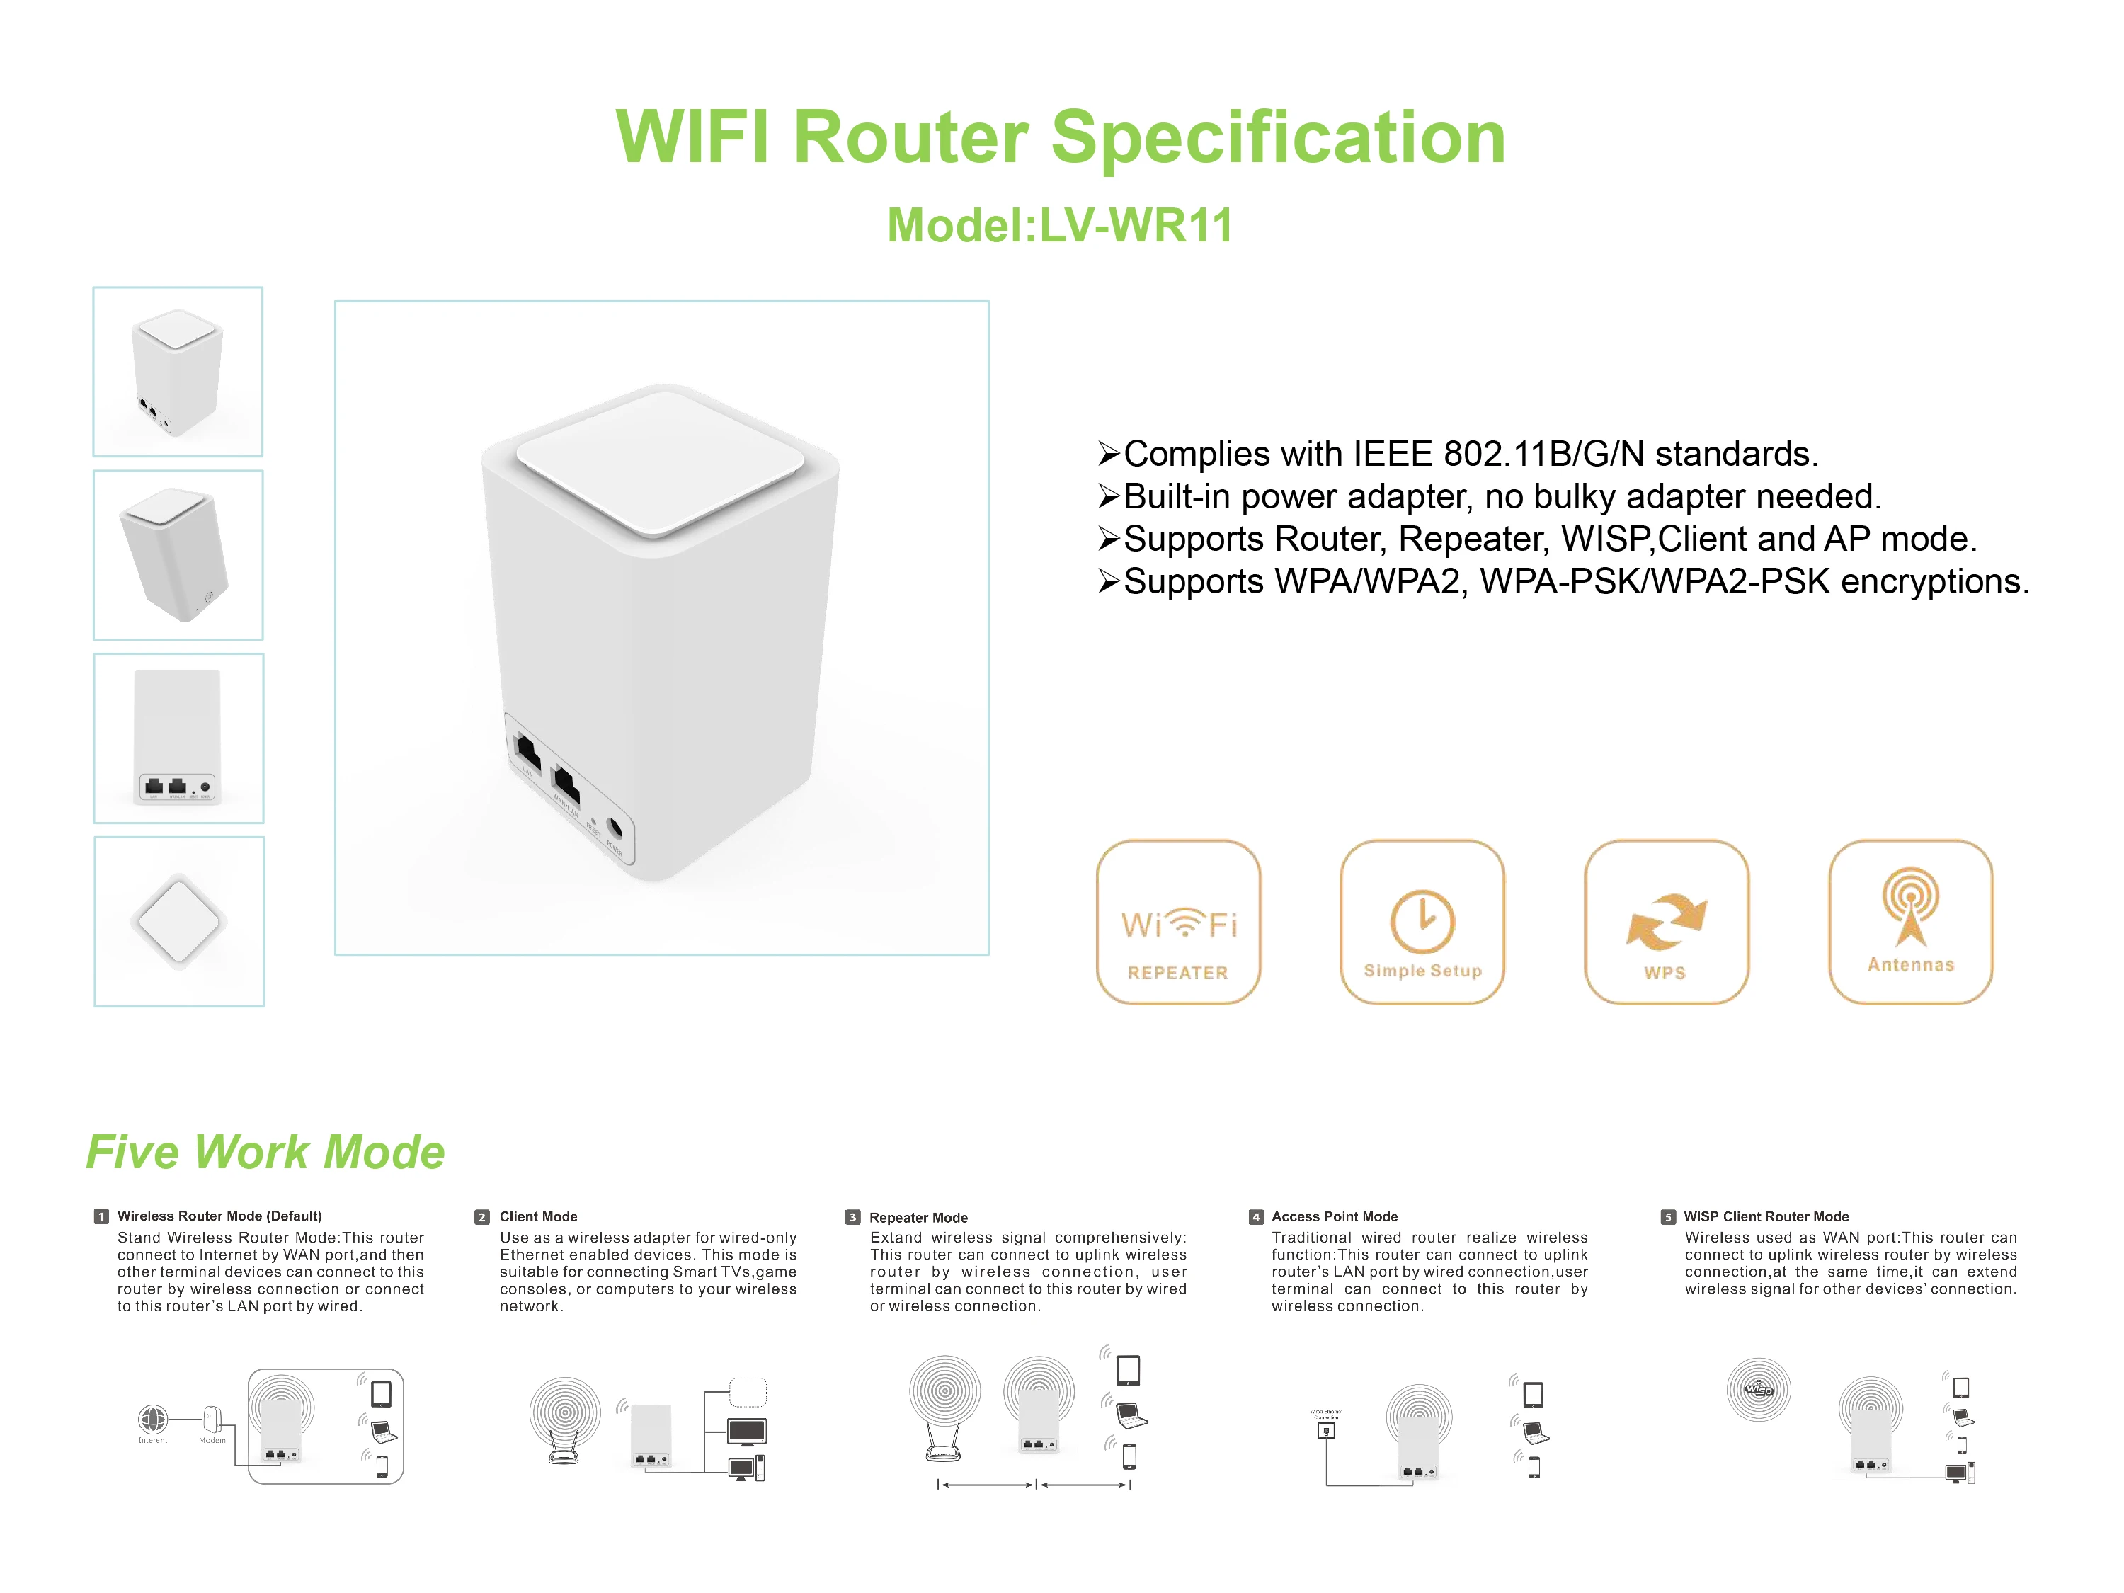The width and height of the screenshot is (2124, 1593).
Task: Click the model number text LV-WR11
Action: tap(1135, 227)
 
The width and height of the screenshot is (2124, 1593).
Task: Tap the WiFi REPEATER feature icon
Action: tap(1178, 922)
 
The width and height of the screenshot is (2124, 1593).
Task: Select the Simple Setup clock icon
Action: tap(1422, 922)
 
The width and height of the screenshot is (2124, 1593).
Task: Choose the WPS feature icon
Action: tap(1666, 922)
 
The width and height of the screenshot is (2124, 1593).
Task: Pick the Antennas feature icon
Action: tap(1910, 922)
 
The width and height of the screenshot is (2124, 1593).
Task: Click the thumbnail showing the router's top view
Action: tap(178, 922)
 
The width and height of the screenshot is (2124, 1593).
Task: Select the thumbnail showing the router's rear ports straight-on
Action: tap(178, 738)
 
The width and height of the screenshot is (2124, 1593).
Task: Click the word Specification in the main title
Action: tap(1278, 137)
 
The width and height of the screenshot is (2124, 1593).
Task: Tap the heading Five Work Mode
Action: tap(265, 1152)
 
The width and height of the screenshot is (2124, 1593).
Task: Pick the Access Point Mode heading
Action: tap(1334, 1216)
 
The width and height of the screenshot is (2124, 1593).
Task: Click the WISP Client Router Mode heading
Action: tap(1766, 1216)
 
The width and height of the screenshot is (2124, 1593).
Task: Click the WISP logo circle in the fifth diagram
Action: tap(1758, 1389)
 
